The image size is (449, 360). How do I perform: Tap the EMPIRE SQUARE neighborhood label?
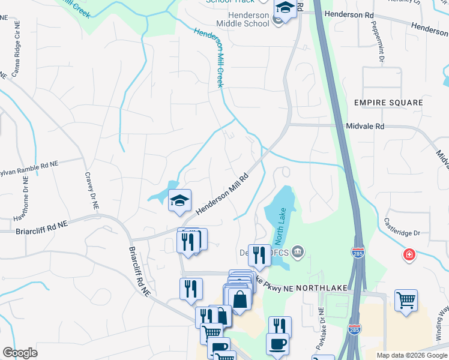pyautogui.click(x=388, y=103)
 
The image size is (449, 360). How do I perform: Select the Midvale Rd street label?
pyautogui.click(x=365, y=127)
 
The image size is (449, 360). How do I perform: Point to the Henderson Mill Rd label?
pyautogui.click(x=221, y=195)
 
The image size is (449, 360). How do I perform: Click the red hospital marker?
pyautogui.click(x=409, y=255)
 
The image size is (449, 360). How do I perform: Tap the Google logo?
pyautogui.click(x=20, y=353)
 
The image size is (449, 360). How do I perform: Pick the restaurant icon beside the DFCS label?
pyautogui.click(x=259, y=254)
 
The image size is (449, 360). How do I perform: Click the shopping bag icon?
pyautogui.click(x=240, y=299)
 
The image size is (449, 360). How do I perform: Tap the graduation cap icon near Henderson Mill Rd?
pyautogui.click(x=179, y=200)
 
